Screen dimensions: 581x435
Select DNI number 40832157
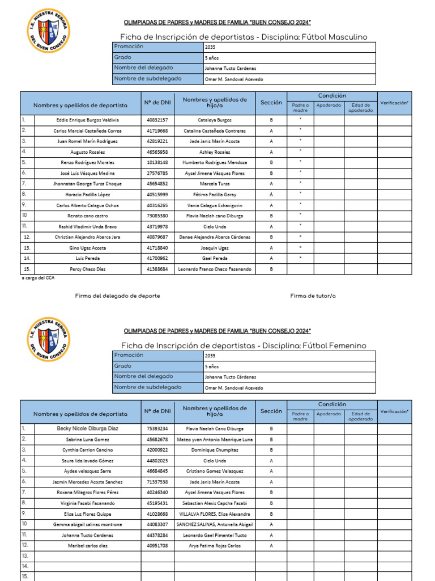157,120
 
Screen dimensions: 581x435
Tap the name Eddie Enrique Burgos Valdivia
87,120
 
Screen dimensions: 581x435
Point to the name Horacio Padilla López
87,195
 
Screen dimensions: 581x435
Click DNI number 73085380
157,216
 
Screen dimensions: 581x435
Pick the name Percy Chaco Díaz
87,269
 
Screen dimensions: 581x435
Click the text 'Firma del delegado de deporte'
117,296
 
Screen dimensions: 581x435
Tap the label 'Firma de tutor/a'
313,296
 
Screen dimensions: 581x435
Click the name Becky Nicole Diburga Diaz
87,429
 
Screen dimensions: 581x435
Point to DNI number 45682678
157,439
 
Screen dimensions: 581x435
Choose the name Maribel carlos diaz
87,546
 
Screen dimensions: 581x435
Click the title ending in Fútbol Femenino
244,346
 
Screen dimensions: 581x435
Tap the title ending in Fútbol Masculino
244,37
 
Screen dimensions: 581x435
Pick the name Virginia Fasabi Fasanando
87,503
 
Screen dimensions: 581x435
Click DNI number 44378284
157,535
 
